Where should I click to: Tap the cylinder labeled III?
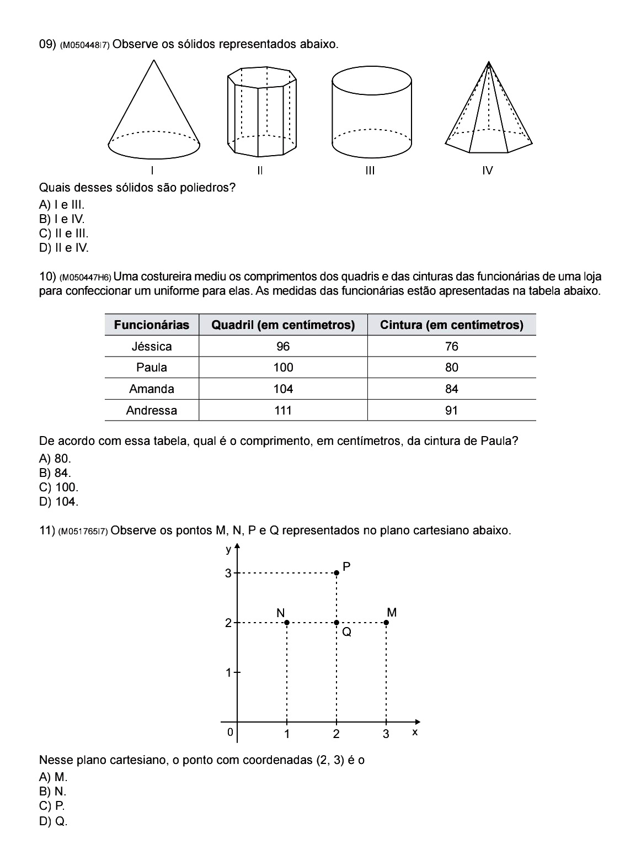pyautogui.click(x=372, y=113)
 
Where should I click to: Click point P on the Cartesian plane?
pyautogui.click(x=336, y=573)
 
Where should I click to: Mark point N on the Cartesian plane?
pyautogui.click(x=287, y=623)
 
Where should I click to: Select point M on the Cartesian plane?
pyautogui.click(x=386, y=623)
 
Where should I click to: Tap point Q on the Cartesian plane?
pyautogui.click(x=336, y=623)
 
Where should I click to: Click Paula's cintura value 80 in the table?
pyautogui.click(x=451, y=368)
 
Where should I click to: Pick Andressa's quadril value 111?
pyautogui.click(x=283, y=410)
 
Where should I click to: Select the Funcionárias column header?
pyautogui.click(x=152, y=325)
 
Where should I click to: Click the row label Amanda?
pyautogui.click(x=152, y=389)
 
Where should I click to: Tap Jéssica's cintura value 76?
pyautogui.click(x=451, y=347)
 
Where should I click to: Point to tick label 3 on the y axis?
pyautogui.click(x=228, y=574)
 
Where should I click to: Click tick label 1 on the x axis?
pyautogui.click(x=287, y=734)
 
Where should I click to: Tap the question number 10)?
pyautogui.click(x=47, y=277)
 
